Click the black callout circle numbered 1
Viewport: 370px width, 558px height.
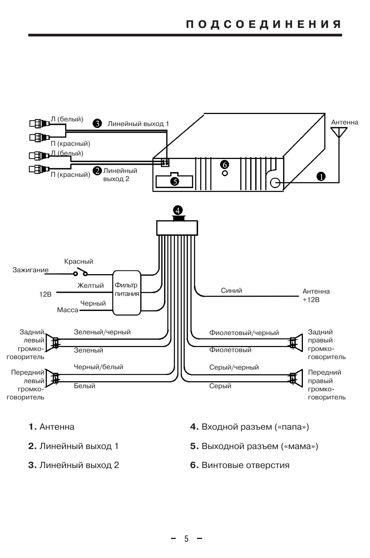pos(321,176)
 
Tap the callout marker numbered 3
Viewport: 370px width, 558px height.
pos(97,123)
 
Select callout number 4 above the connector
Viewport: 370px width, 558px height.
pos(178,211)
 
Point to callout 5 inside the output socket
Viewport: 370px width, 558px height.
pos(175,181)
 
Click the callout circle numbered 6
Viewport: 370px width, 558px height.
pos(225,164)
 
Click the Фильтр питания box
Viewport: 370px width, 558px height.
pos(127,293)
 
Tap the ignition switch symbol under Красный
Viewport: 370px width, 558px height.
pos(81,272)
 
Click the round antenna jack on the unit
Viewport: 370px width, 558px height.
pos(275,183)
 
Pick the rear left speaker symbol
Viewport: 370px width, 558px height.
pos(52,342)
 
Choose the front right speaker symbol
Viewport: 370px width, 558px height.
pos(296,378)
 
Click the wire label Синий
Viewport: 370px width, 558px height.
pos(231,290)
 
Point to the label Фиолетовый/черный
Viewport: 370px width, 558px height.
pos(244,333)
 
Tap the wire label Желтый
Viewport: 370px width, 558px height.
pos(90,285)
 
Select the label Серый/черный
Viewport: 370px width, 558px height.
pos(234,368)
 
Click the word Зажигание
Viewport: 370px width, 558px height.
pos(30,270)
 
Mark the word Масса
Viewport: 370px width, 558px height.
pos(67,310)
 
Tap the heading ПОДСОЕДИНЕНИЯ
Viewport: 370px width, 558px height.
pos(264,24)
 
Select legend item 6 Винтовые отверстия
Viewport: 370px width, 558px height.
pos(240,465)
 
